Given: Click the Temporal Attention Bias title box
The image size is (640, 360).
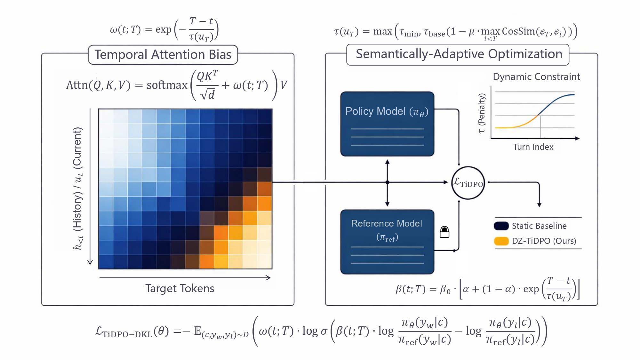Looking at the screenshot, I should (163, 55).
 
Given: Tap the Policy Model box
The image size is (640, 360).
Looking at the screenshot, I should (387, 124).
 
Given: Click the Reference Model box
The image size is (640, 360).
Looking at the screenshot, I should (387, 242).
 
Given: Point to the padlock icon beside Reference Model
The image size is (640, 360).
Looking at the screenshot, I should (444, 232).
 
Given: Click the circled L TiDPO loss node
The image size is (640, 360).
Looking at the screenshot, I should (468, 183).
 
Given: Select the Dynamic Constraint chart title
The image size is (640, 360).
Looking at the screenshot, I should (536, 77).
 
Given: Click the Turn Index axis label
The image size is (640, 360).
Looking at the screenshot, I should (533, 147).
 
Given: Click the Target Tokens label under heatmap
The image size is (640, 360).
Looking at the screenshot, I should (180, 288).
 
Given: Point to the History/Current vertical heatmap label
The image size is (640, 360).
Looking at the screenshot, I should (78, 188).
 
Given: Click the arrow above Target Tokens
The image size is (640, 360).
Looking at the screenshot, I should (185, 278).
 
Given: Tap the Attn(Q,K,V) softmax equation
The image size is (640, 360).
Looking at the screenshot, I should (177, 85).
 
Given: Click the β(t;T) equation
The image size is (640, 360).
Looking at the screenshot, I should (487, 289).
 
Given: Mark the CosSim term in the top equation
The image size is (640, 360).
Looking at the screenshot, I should (518, 31).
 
